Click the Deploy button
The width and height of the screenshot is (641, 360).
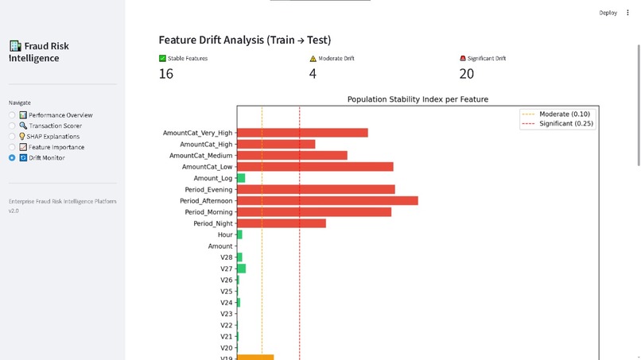click(x=608, y=13)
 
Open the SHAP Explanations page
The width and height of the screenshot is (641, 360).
click(x=52, y=137)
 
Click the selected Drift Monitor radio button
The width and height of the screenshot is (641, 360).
click(x=12, y=158)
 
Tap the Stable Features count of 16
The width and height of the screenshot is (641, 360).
click(x=166, y=74)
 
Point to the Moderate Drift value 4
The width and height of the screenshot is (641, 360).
click(x=313, y=74)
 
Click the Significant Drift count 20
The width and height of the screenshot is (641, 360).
click(x=467, y=74)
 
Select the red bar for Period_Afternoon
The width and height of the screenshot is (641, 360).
click(x=327, y=201)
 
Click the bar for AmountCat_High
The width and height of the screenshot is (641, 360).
click(x=276, y=145)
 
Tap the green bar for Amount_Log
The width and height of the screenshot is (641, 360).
click(x=241, y=178)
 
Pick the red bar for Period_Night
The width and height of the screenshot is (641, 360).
click(x=282, y=223)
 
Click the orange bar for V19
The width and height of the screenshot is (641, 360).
click(x=255, y=358)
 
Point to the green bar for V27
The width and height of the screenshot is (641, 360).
click(x=241, y=269)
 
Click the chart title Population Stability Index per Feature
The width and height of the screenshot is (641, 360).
click(x=418, y=99)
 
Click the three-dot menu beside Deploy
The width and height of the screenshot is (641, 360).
click(x=627, y=13)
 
